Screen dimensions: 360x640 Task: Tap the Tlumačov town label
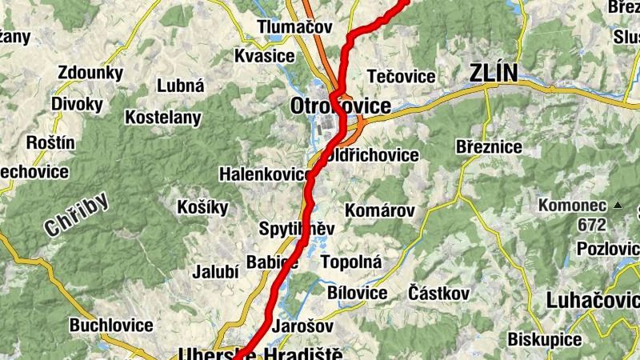click(x=294, y=27)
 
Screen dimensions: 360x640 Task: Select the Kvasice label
click(x=265, y=56)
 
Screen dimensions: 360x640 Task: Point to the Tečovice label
click(x=401, y=77)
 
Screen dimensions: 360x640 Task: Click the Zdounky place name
click(x=89, y=71)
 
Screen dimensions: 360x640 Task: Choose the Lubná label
click(x=181, y=86)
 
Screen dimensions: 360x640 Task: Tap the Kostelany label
click(x=163, y=118)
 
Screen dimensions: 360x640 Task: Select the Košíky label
click(x=202, y=207)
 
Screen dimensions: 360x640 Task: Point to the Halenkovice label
click(x=265, y=174)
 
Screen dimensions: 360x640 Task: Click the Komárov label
click(x=380, y=211)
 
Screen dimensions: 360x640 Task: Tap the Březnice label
click(x=488, y=147)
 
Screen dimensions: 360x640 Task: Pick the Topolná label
click(x=351, y=262)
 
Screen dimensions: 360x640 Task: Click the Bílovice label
click(x=358, y=293)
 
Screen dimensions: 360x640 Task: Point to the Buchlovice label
click(x=111, y=326)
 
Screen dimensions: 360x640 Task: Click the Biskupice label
click(x=545, y=339)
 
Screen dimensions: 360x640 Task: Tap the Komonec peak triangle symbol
click(x=617, y=206)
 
